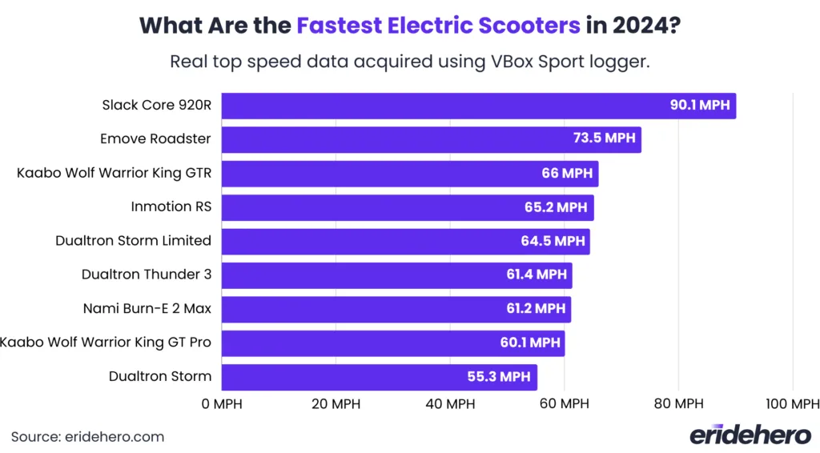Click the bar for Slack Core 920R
point(478,106)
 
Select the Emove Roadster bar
point(431,139)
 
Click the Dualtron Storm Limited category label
point(133,241)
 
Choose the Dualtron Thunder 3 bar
point(396,275)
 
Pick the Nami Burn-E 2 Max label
point(147,308)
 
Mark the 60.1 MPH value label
point(529,343)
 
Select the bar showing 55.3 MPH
point(379,376)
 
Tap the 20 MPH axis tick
point(335,404)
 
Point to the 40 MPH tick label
point(449,404)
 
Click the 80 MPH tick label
point(678,404)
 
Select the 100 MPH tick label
point(792,404)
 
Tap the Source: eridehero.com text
point(87,437)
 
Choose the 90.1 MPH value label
point(700,106)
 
